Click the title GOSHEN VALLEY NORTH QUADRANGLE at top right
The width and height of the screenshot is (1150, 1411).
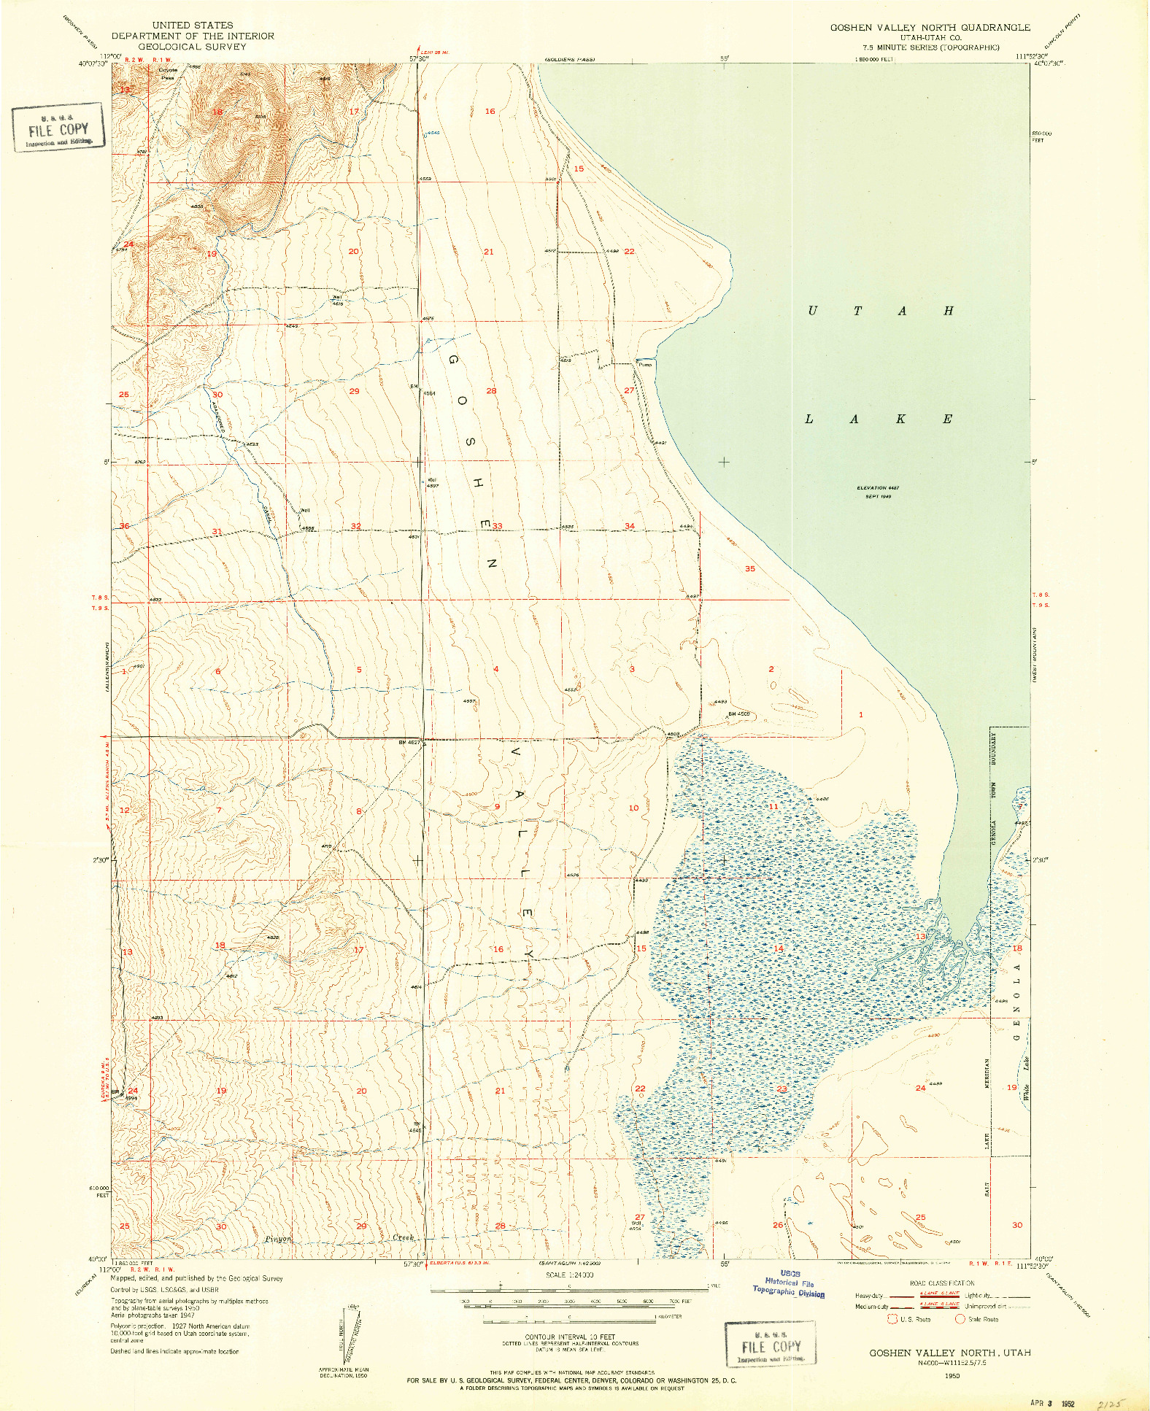[x=930, y=27]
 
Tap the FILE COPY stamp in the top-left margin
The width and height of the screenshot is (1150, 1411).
[x=58, y=128]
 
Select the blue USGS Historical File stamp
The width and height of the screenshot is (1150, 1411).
[x=789, y=1283]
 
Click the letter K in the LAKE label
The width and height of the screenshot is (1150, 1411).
[x=901, y=419]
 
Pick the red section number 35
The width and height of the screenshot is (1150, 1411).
[x=750, y=569]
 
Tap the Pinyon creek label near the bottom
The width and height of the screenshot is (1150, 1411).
[x=279, y=1239]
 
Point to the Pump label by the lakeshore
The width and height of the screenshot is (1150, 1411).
[x=645, y=364]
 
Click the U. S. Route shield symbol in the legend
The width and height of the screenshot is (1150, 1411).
[x=892, y=1319]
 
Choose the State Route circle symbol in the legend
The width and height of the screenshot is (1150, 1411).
[x=960, y=1319]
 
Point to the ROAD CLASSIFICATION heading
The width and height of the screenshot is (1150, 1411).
[x=942, y=1283]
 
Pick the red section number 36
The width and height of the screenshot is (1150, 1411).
[x=124, y=526]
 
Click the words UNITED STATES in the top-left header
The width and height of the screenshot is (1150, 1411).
[x=193, y=25]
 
